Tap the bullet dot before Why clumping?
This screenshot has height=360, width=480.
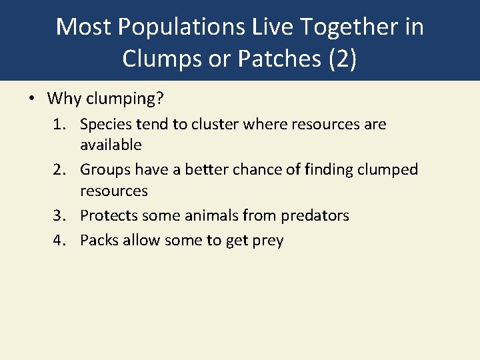31,99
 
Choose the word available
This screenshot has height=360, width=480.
111,145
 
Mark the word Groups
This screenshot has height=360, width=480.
105,170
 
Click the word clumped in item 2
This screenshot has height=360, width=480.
388,170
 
